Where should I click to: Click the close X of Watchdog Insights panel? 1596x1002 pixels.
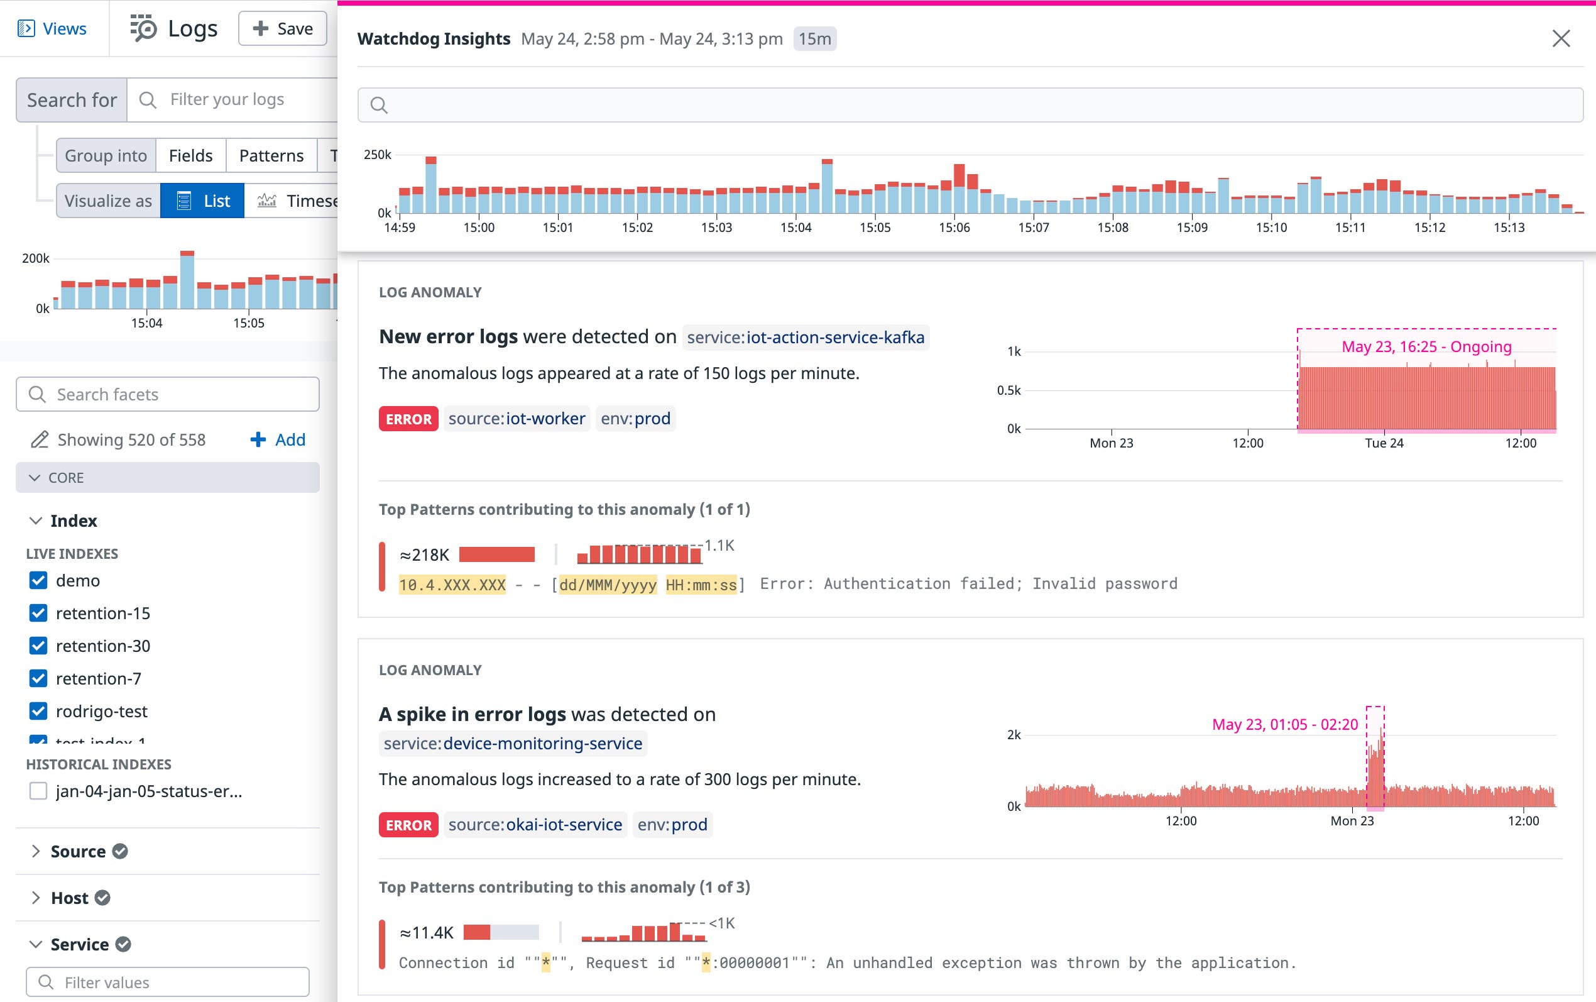pyautogui.click(x=1561, y=38)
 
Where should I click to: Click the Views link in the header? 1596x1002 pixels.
pyautogui.click(x=53, y=28)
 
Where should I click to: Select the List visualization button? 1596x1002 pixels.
pyautogui.click(x=203, y=201)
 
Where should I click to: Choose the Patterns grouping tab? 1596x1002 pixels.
pyautogui.click(x=271, y=156)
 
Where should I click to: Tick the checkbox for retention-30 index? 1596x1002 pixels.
pyautogui.click(x=38, y=646)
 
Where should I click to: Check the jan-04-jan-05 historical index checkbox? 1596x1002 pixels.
pyautogui.click(x=38, y=791)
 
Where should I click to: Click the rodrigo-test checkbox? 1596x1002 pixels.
pyautogui.click(x=38, y=711)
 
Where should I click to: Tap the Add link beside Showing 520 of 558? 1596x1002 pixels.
pyautogui.click(x=278, y=439)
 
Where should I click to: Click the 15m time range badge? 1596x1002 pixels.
pyautogui.click(x=814, y=38)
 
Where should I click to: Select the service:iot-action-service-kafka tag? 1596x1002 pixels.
pyautogui.click(x=806, y=338)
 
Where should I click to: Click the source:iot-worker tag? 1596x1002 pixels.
pyautogui.click(x=517, y=419)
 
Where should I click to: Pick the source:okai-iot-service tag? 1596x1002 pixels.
pyautogui.click(x=535, y=824)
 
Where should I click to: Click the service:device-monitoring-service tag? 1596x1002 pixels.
pyautogui.click(x=513, y=744)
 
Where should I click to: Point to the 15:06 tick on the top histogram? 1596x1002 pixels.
pyautogui.click(x=954, y=228)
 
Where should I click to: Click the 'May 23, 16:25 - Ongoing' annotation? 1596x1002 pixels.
pyautogui.click(x=1426, y=346)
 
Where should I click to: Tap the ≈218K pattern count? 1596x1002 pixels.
pyautogui.click(x=425, y=554)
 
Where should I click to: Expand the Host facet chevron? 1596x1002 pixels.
pyautogui.click(x=36, y=897)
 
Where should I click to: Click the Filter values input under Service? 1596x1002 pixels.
pyautogui.click(x=168, y=982)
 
